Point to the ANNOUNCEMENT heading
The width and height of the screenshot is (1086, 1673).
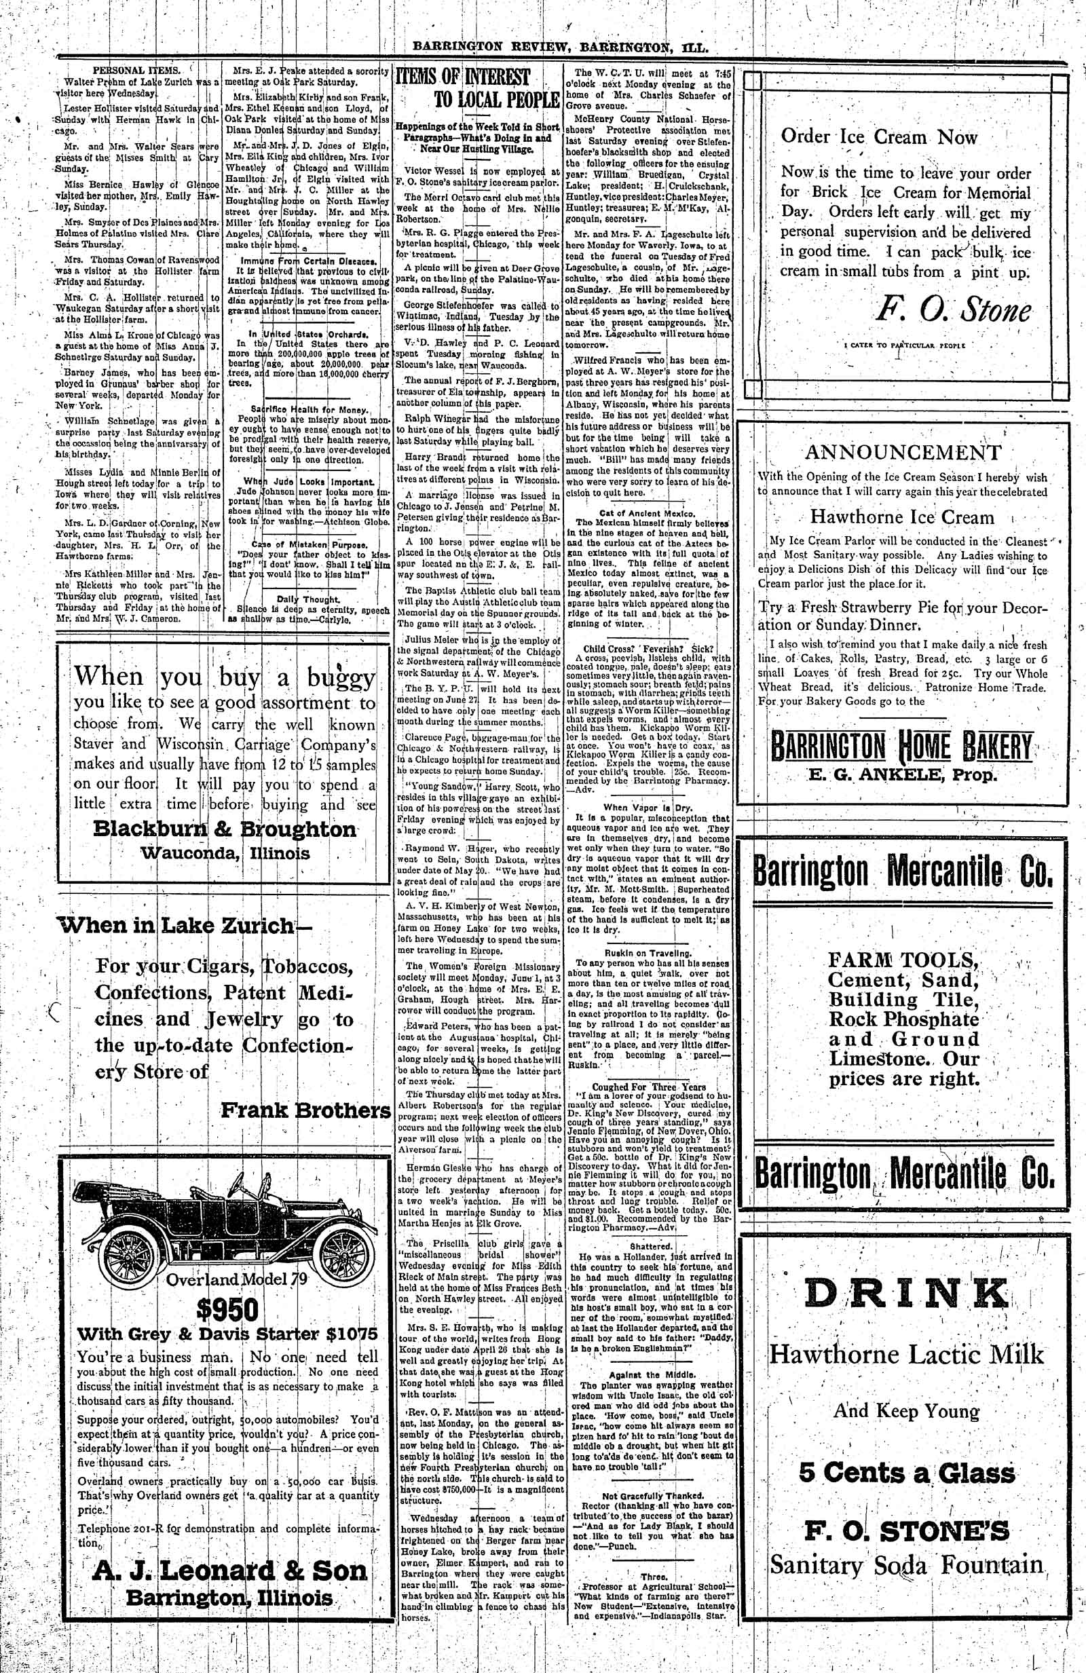click(903, 452)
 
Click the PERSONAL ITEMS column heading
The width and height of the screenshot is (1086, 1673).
click(137, 70)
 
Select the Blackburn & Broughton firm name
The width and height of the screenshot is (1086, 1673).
click(225, 829)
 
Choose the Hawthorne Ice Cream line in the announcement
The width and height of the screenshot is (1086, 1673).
click(902, 517)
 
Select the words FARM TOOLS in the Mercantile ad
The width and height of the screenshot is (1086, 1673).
click(902, 960)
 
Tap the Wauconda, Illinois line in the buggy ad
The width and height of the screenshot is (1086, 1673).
click(225, 853)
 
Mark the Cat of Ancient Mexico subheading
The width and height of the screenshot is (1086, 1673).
click(647, 513)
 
